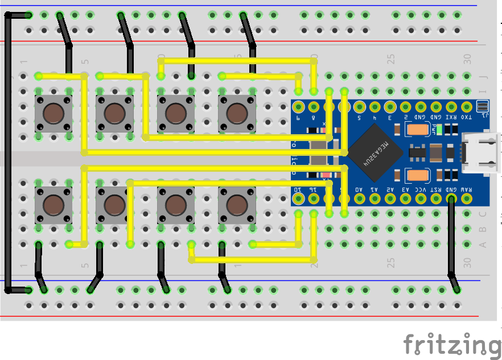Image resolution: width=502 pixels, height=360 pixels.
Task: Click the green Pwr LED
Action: click(x=439, y=129)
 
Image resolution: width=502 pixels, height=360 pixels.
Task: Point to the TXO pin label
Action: click(x=467, y=118)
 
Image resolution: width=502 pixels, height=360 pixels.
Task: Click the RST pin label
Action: click(x=436, y=189)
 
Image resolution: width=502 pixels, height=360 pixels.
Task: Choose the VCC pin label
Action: click(x=421, y=189)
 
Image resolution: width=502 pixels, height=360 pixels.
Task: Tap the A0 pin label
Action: click(x=359, y=189)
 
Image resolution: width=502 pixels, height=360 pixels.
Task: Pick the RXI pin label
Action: click(x=451, y=118)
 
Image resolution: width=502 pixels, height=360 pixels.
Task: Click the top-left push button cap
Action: click(x=54, y=113)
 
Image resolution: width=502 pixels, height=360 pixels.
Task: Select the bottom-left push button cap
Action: click(x=54, y=204)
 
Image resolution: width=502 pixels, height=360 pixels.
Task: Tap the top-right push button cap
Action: click(x=237, y=113)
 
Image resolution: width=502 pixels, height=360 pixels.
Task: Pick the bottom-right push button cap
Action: click(x=237, y=204)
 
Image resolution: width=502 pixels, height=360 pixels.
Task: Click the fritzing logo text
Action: click(x=452, y=344)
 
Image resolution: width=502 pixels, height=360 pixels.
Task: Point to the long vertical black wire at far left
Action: click(x=7, y=154)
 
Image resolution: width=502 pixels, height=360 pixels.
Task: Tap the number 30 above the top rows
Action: click(x=467, y=58)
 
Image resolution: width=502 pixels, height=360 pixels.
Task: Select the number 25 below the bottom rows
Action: click(x=391, y=262)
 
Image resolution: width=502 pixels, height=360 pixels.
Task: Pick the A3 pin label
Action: click(x=405, y=189)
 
